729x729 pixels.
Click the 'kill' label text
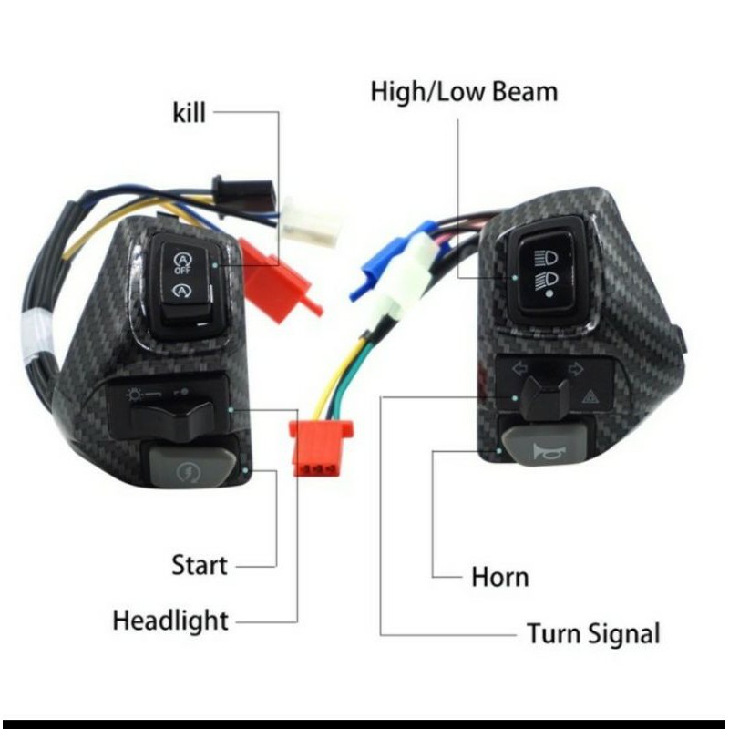(x=189, y=113)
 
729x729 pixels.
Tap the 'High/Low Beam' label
(x=464, y=92)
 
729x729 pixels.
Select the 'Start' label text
(x=199, y=565)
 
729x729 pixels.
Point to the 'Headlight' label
(x=170, y=621)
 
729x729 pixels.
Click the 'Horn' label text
(x=499, y=577)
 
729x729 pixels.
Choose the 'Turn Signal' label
(x=593, y=633)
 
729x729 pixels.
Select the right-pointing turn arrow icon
(x=575, y=369)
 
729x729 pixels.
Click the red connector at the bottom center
(x=314, y=449)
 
